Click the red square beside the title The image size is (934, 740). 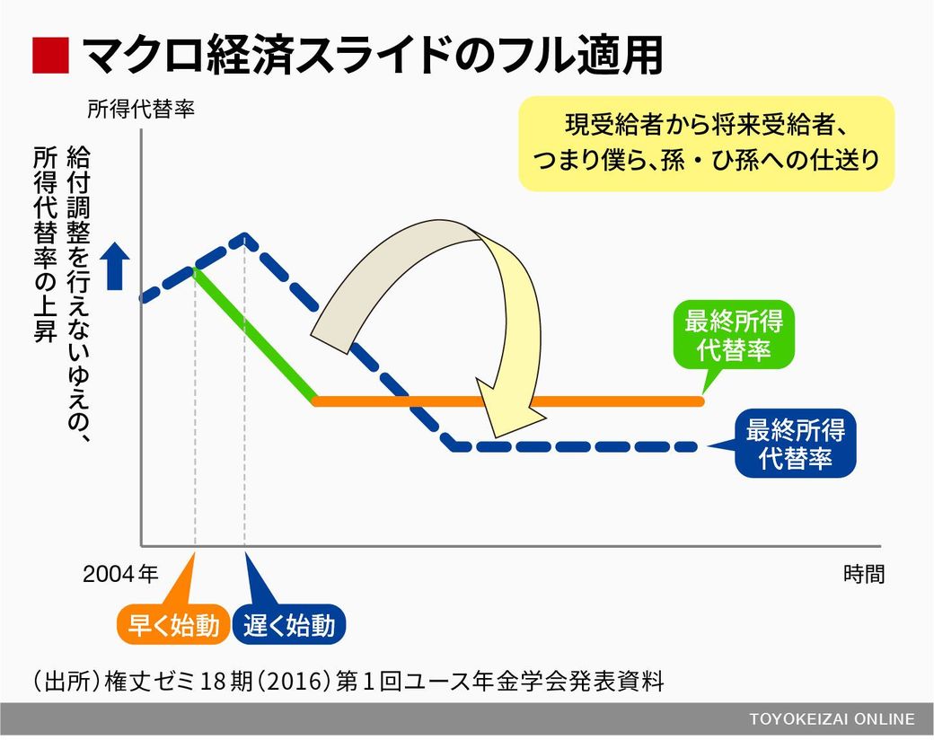50,56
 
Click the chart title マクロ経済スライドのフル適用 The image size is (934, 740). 372,56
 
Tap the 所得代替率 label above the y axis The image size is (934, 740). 141,109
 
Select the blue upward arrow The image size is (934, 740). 115,269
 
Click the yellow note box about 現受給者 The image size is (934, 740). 707,144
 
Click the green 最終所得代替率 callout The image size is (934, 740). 734,335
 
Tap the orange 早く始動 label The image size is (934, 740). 173,625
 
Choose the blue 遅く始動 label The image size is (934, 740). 289,625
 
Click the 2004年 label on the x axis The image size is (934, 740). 120,574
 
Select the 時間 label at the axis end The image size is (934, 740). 864,574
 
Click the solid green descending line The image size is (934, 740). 254,336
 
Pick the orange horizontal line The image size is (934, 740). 508,401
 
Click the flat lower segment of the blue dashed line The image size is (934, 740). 575,446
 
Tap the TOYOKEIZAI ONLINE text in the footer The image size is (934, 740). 833,719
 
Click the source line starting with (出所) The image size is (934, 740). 348,681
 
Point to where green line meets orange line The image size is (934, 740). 315,401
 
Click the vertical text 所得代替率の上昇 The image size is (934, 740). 45,244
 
